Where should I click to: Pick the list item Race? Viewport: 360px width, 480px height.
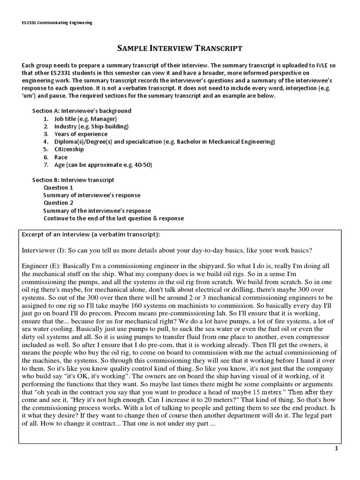(x=61, y=157)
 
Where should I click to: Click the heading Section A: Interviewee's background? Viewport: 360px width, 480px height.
(x=82, y=111)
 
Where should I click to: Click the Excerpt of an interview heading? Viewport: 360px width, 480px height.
(x=91, y=234)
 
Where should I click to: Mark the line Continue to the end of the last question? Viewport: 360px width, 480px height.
(x=113, y=218)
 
